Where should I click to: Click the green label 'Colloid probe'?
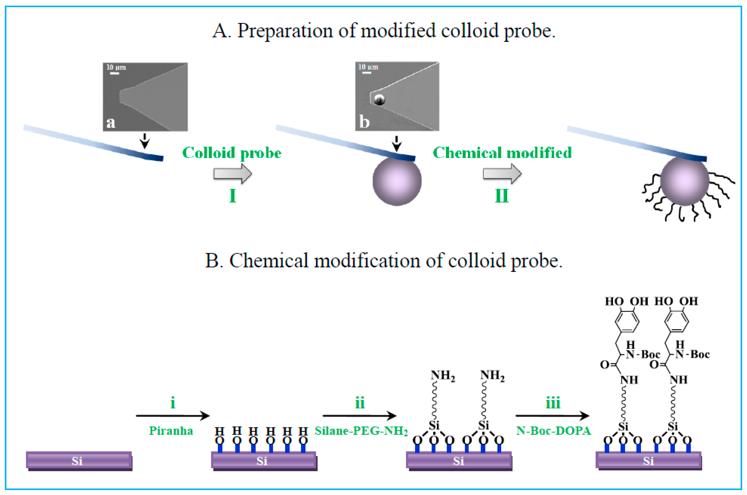coord(232,153)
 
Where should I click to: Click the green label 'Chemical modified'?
coord(502,153)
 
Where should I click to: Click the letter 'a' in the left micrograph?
coord(111,122)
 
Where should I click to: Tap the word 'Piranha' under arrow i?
coord(171,431)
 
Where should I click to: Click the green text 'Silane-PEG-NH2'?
coord(361,431)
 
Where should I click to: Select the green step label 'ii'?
coord(360,403)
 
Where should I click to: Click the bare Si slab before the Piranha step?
coord(79,461)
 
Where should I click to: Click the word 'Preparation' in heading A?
coord(285,31)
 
